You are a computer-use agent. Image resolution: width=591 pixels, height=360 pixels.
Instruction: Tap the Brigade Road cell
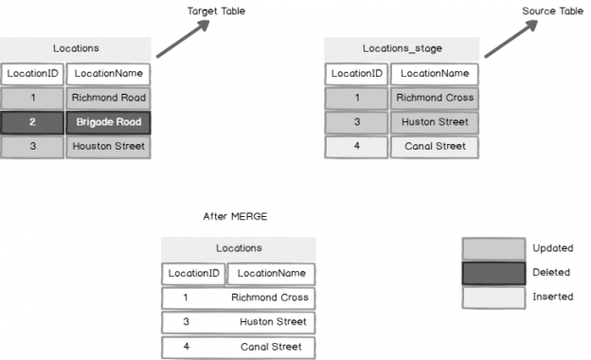coord(107,122)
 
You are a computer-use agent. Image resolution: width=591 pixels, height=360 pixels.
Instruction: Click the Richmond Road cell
coord(107,98)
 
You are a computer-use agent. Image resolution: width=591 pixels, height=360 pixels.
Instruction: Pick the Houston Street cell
coord(107,147)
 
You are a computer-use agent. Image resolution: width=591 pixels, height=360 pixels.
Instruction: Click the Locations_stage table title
coord(402,48)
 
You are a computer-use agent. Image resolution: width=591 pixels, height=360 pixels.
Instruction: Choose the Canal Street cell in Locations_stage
coord(434,147)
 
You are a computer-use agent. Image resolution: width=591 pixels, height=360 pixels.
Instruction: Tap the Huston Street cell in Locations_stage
coord(434,122)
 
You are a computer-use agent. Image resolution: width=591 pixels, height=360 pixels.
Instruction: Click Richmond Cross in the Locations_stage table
coord(434,98)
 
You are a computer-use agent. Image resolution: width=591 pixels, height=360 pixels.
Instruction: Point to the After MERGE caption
coord(236,217)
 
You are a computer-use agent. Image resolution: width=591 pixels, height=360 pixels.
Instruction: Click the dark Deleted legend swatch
coord(492,273)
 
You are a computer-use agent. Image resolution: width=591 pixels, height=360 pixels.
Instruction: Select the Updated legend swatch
coord(492,248)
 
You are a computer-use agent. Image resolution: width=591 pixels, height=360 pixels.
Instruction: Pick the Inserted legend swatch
coord(492,297)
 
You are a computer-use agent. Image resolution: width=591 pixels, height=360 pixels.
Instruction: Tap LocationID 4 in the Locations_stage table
coord(356,147)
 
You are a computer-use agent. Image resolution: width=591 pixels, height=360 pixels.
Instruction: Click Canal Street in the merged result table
coord(270,347)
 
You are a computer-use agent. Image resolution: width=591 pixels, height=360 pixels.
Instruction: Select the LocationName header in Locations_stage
coord(434,73)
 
